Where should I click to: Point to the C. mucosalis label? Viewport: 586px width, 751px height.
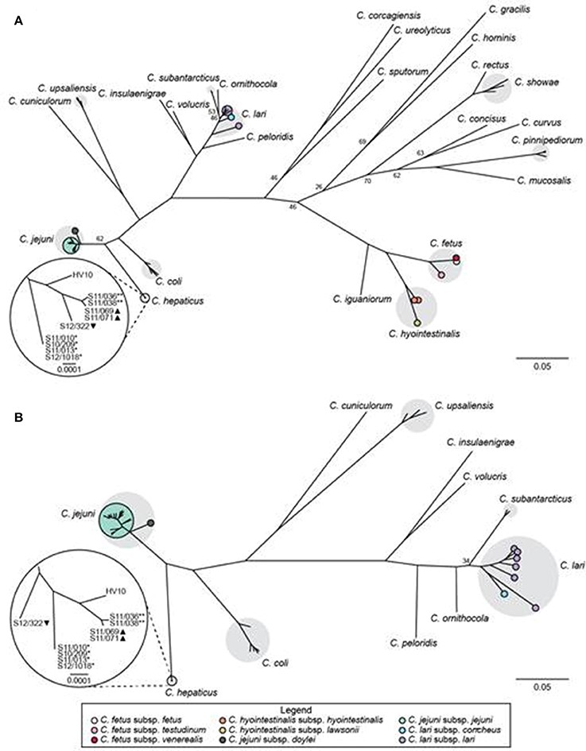click(x=542, y=180)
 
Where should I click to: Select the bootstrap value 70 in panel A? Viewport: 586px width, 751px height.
click(x=367, y=182)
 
